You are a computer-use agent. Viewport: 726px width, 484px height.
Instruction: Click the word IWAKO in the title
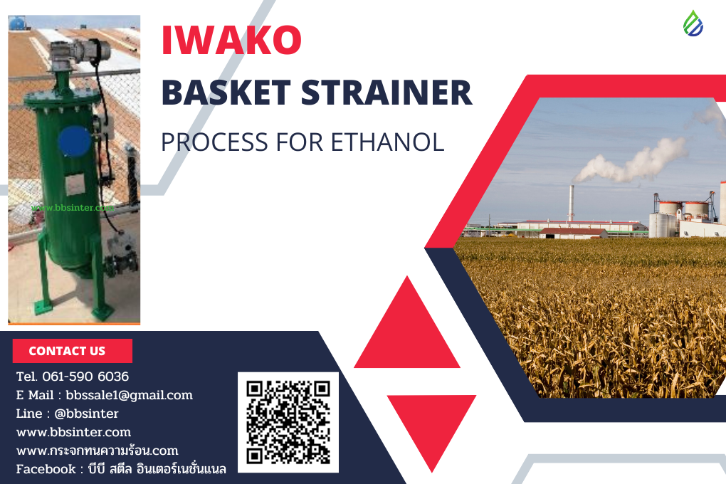pyautogui.click(x=232, y=41)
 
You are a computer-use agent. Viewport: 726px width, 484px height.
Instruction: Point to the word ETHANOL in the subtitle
pyautogui.click(x=387, y=141)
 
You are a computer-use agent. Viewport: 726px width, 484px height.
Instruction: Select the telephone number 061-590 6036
pyautogui.click(x=86, y=377)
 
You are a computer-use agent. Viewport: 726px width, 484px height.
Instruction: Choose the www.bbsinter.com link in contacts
pyautogui.click(x=73, y=432)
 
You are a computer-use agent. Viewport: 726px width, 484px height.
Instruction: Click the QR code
pyautogui.click(x=288, y=422)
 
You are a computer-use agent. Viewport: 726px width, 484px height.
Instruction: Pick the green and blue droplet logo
pyautogui.click(x=693, y=23)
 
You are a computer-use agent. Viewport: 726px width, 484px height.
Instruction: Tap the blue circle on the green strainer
pyautogui.click(x=74, y=141)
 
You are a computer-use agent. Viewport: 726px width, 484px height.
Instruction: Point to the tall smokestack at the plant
pyautogui.click(x=571, y=203)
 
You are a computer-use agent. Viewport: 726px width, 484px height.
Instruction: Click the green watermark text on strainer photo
pyautogui.click(x=73, y=208)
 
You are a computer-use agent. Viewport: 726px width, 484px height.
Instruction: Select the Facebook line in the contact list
pyautogui.click(x=121, y=469)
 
